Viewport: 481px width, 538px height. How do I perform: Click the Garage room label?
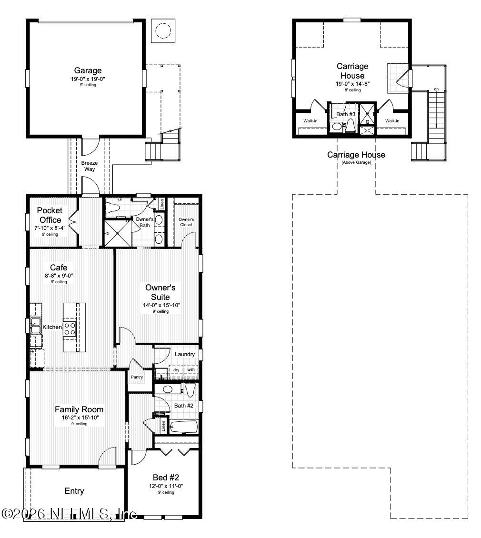(88, 71)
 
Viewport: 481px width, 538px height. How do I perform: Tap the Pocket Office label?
(50, 215)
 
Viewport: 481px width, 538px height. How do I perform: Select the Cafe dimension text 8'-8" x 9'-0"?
(59, 275)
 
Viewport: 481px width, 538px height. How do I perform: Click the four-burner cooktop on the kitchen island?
(70, 329)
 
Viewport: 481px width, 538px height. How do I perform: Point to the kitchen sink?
(35, 327)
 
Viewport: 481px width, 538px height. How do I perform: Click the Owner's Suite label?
(160, 292)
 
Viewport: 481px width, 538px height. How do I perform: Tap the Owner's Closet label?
(186, 222)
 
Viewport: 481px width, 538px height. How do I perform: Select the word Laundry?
(184, 354)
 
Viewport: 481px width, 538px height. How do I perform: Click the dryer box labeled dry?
(176, 369)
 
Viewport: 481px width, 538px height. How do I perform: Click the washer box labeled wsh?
(190, 369)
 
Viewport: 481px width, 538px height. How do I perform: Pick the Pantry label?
(137, 377)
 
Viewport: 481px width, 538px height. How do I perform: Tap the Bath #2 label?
(183, 405)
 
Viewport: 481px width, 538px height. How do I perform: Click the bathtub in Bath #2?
(183, 426)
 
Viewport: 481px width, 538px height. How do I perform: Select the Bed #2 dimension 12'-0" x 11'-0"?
(166, 486)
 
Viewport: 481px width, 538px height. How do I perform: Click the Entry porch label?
(74, 491)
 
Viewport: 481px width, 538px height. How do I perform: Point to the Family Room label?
(79, 409)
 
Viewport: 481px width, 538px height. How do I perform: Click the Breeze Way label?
(90, 166)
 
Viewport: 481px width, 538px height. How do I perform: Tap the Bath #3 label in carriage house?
(346, 114)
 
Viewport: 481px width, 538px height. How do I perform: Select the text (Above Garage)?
(356, 162)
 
